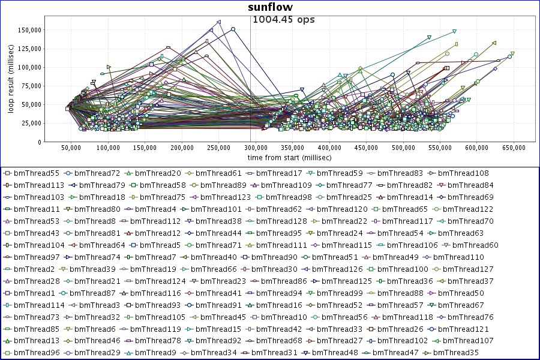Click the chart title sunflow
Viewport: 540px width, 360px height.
click(270, 7)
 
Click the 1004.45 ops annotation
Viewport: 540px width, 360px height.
click(284, 19)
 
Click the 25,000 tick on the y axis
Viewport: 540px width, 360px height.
click(31, 123)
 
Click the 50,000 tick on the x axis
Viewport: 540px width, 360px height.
click(71, 147)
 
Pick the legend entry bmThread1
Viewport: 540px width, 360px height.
click(29, 293)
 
